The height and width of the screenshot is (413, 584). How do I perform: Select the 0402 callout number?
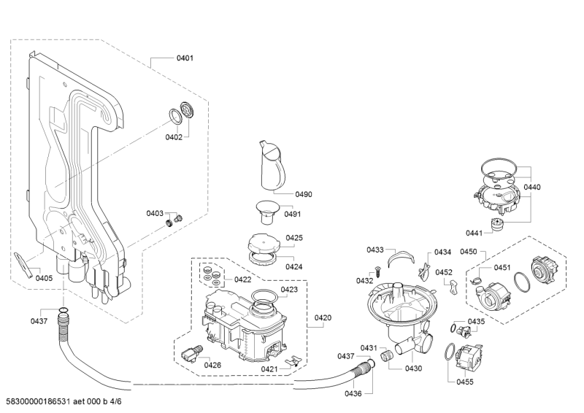(x=173, y=137)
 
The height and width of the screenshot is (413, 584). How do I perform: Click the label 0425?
(x=294, y=238)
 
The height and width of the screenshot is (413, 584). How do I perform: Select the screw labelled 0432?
(x=380, y=271)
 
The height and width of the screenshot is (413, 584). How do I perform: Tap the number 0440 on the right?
(x=532, y=188)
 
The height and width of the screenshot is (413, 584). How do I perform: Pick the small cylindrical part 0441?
(x=499, y=224)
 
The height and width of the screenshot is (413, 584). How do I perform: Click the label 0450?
(x=468, y=252)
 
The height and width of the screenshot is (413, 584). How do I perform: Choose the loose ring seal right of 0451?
(x=521, y=281)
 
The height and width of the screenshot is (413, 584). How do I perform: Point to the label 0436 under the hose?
(x=353, y=394)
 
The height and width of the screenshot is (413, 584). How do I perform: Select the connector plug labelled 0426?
(x=193, y=354)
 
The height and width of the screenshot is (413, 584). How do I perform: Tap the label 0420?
(x=323, y=317)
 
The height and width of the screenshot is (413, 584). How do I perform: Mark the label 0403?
(x=155, y=213)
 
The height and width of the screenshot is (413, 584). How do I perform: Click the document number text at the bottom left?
(x=62, y=404)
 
